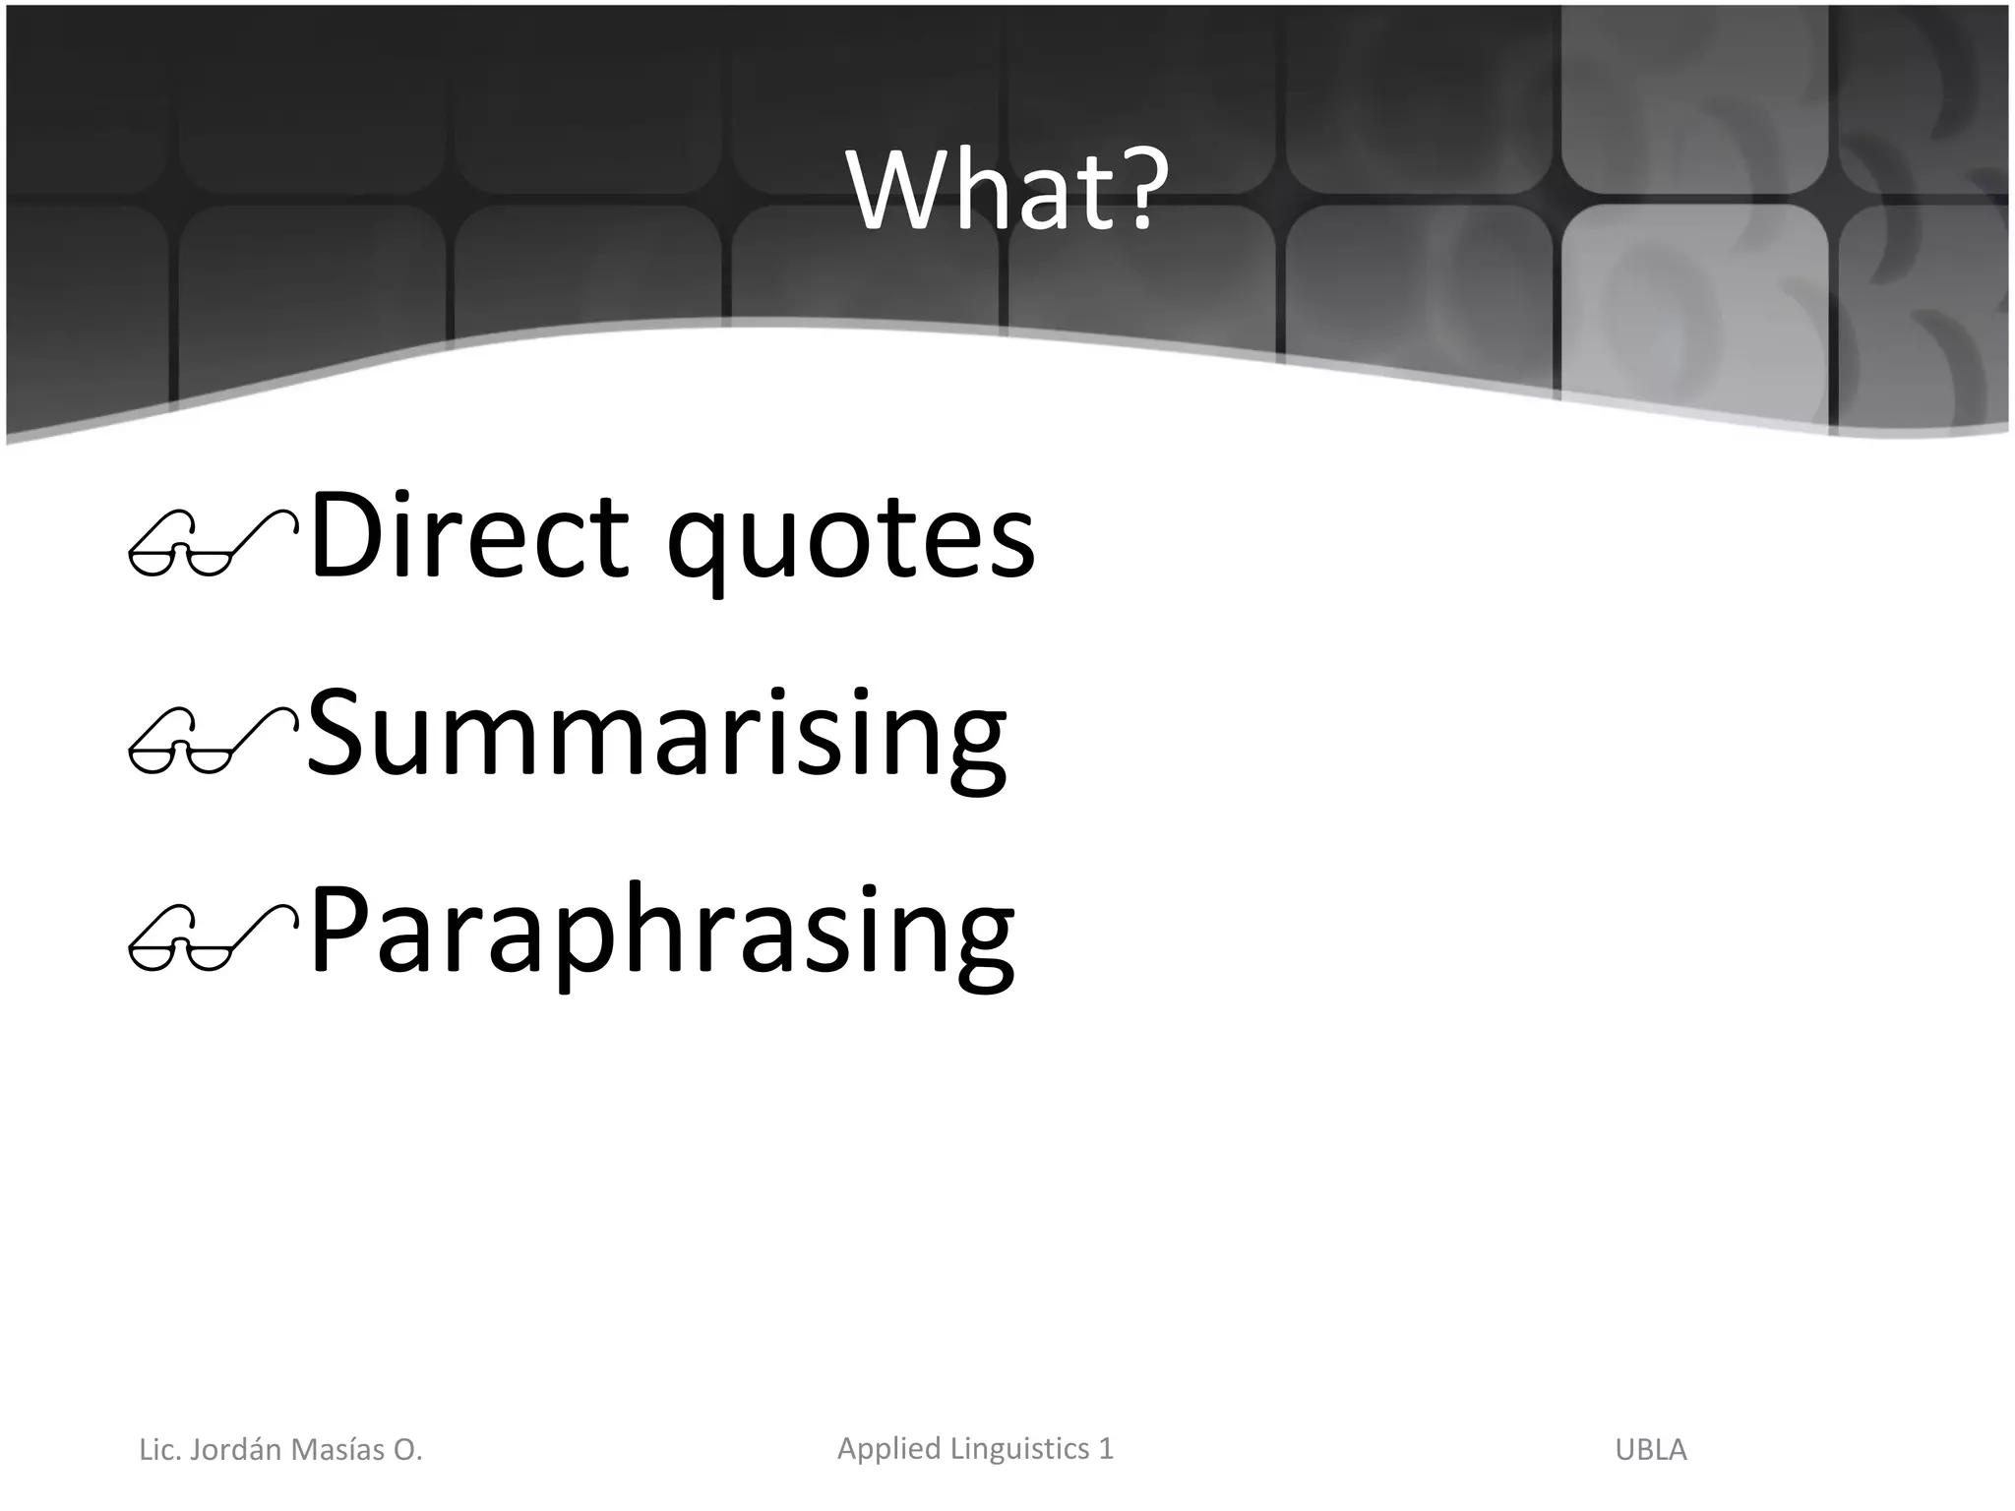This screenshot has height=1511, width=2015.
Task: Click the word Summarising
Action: click(x=656, y=735)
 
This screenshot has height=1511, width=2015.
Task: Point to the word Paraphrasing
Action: click(x=661, y=933)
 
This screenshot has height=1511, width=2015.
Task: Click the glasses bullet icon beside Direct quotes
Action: click(x=213, y=543)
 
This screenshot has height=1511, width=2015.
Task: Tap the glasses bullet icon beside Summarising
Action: click(x=213, y=740)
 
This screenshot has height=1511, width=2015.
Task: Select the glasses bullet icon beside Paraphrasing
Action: click(x=213, y=937)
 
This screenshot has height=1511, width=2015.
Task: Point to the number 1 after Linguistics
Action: click(x=1106, y=1448)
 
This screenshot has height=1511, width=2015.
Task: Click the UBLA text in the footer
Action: click(x=1651, y=1450)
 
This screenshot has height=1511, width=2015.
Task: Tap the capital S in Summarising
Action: click(x=338, y=735)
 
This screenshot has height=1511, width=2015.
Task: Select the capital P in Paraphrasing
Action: click(x=340, y=930)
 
